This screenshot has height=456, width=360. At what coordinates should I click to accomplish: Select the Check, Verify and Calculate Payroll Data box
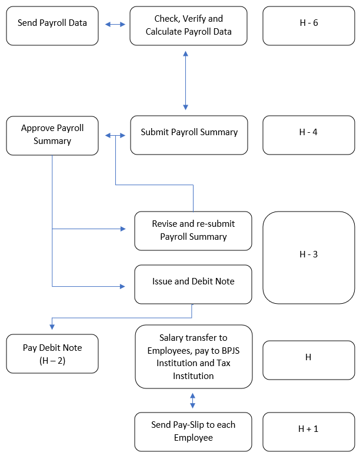pos(189,26)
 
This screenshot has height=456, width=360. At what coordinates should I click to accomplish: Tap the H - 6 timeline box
pos(308,26)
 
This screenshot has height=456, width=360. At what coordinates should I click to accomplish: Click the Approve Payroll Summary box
pos(52,135)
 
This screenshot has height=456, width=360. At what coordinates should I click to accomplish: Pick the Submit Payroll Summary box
pos(189,135)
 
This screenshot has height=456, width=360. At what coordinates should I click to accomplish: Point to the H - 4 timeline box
pos(308,135)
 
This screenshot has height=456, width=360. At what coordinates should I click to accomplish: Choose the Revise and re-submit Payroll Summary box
pos(193,231)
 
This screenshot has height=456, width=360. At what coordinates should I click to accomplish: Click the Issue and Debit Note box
pos(193,284)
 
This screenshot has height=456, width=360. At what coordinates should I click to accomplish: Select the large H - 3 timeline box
pos(308,257)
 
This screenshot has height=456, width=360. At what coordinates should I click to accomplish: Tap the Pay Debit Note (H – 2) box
pos(52,354)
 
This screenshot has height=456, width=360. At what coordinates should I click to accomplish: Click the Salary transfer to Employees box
pos(193,356)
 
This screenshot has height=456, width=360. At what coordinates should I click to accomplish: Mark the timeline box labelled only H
pos(308,360)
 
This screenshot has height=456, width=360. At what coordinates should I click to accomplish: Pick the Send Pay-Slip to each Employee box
pos(193,432)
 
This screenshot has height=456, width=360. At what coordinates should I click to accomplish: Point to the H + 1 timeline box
pos(308,432)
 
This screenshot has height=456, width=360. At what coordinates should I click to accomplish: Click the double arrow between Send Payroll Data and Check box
pos(115,25)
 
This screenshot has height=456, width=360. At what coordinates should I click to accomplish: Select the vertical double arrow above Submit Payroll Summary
pos(186,81)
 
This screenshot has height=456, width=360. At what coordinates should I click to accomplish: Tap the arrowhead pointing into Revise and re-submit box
pos(123,229)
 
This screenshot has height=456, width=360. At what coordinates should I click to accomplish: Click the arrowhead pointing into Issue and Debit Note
pos(123,286)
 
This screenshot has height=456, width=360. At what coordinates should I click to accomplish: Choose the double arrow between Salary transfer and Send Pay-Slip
pos(193,400)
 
